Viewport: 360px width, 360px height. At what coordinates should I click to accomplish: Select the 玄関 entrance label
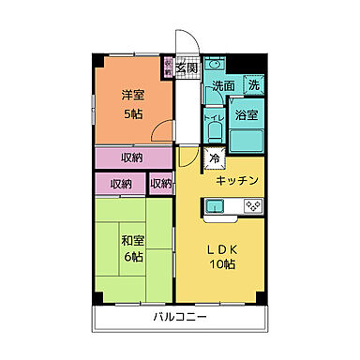(187, 67)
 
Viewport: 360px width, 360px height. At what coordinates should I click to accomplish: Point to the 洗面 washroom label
(222, 86)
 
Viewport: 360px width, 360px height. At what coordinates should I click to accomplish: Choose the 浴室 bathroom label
(247, 115)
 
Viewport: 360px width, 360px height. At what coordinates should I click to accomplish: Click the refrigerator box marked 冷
(214, 159)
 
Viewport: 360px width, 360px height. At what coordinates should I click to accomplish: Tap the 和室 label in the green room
(131, 238)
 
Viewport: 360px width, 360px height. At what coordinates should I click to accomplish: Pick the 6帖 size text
(131, 257)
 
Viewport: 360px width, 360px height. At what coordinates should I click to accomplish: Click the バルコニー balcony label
(181, 317)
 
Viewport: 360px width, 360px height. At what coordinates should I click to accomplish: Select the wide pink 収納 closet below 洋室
(132, 157)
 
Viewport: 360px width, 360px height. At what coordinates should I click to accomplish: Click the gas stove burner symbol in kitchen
(250, 203)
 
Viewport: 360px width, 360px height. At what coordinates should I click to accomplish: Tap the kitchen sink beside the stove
(217, 203)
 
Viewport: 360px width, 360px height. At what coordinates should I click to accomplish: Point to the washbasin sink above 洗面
(214, 68)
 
